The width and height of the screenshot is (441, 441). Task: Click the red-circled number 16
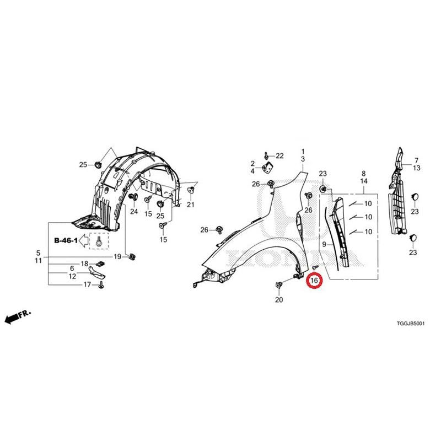click(x=314, y=280)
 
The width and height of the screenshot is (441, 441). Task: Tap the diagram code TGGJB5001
click(x=410, y=324)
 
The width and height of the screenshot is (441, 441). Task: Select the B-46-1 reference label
click(x=66, y=240)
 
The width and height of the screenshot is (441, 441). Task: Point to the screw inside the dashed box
click(x=99, y=241)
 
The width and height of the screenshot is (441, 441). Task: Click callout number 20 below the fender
click(x=279, y=300)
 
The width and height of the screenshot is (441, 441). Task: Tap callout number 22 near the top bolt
click(x=279, y=156)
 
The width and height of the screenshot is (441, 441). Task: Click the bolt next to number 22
click(x=266, y=155)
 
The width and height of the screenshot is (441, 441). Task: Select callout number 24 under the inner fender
click(x=134, y=211)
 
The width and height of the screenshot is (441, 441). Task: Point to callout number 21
click(x=191, y=205)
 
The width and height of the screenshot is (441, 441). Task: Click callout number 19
click(x=117, y=256)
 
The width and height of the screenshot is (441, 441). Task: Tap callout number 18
click(x=84, y=263)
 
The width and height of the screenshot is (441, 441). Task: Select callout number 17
click(x=87, y=284)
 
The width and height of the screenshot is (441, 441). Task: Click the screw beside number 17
click(x=101, y=285)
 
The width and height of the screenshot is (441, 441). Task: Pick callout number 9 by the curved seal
click(x=324, y=245)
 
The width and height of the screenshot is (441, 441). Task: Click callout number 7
click(x=416, y=160)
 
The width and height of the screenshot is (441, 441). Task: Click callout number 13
click(x=416, y=168)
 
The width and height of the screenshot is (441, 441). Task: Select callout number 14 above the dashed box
click(x=364, y=181)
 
